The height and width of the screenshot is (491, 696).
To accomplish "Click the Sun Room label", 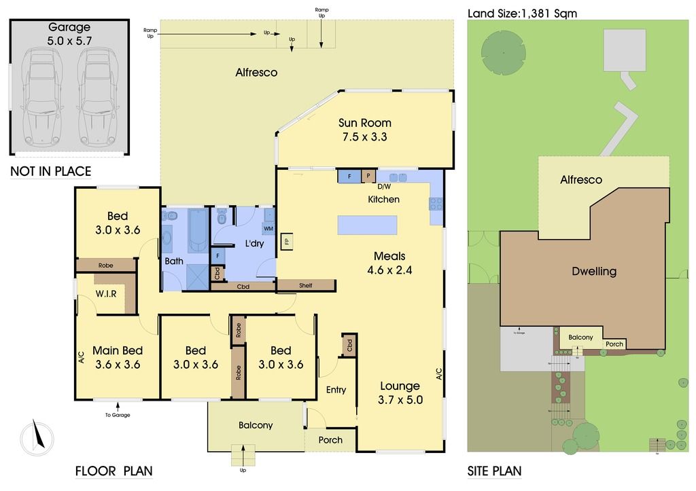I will (x=365, y=123).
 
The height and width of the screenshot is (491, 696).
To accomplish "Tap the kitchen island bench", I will (x=367, y=225).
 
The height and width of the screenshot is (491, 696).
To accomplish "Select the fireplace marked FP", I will (x=287, y=241).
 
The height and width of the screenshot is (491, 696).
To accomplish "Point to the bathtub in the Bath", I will (x=198, y=231).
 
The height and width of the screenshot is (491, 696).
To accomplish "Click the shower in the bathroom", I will (x=198, y=277).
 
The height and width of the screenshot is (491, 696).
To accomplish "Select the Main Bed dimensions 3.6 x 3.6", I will (x=117, y=364).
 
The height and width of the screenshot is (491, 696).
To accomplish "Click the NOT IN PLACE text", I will (x=50, y=171).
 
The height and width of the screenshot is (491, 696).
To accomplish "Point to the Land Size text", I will (x=522, y=12).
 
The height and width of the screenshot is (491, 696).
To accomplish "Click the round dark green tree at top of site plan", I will (x=503, y=52).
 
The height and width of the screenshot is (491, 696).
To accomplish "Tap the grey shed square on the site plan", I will (x=625, y=50).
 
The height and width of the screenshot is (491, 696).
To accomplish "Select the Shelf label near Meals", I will (x=306, y=285).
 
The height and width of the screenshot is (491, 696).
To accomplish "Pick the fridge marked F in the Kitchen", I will (x=349, y=176).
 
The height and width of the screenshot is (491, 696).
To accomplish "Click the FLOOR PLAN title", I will (x=114, y=471).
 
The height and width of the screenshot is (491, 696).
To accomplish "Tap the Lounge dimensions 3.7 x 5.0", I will (x=400, y=400).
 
